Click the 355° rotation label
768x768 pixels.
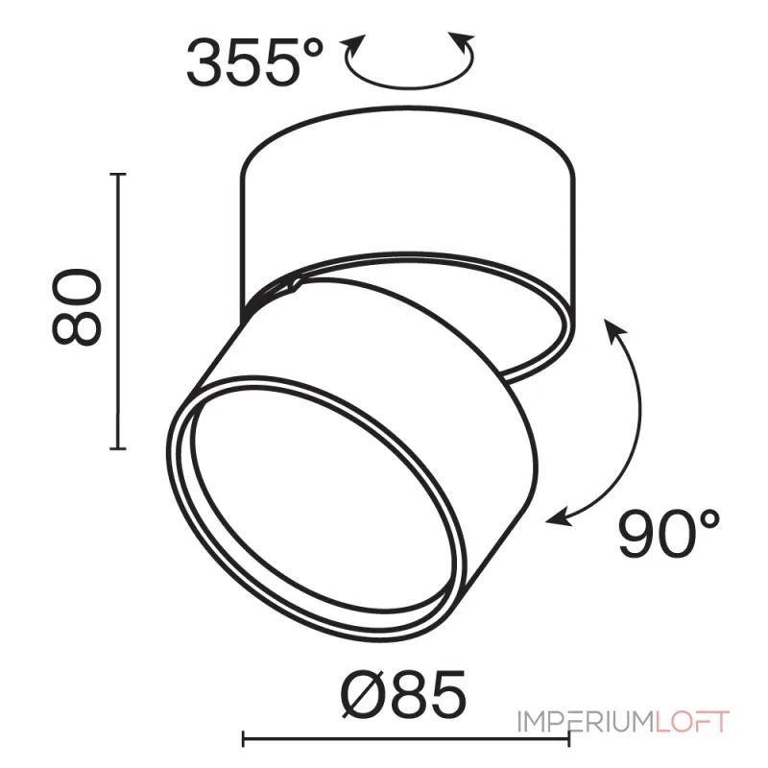(x=254, y=63)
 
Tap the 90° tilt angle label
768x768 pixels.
(x=669, y=534)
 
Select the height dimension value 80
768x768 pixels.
(x=78, y=307)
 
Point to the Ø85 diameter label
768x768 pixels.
(x=403, y=693)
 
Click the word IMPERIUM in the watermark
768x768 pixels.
(x=586, y=722)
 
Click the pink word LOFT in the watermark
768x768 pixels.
(x=692, y=722)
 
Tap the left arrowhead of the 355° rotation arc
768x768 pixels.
(x=355, y=43)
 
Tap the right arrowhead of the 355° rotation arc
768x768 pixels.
(x=462, y=41)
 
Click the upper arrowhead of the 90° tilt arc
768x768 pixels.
(x=614, y=328)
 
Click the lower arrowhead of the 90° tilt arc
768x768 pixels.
(x=559, y=519)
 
